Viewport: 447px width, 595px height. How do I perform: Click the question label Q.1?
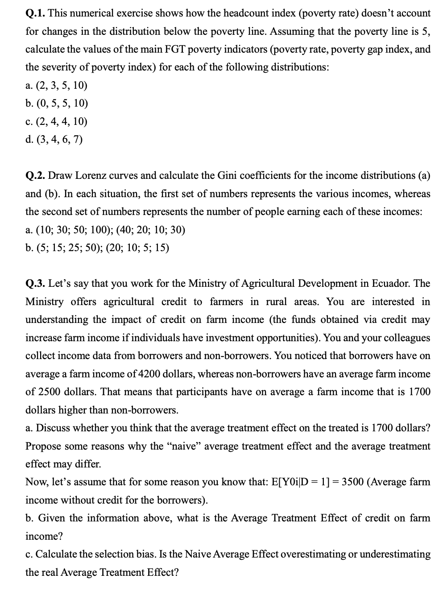click(35, 13)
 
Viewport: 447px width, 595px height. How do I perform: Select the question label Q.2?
click(35, 175)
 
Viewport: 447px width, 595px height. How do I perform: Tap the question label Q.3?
click(35, 283)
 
